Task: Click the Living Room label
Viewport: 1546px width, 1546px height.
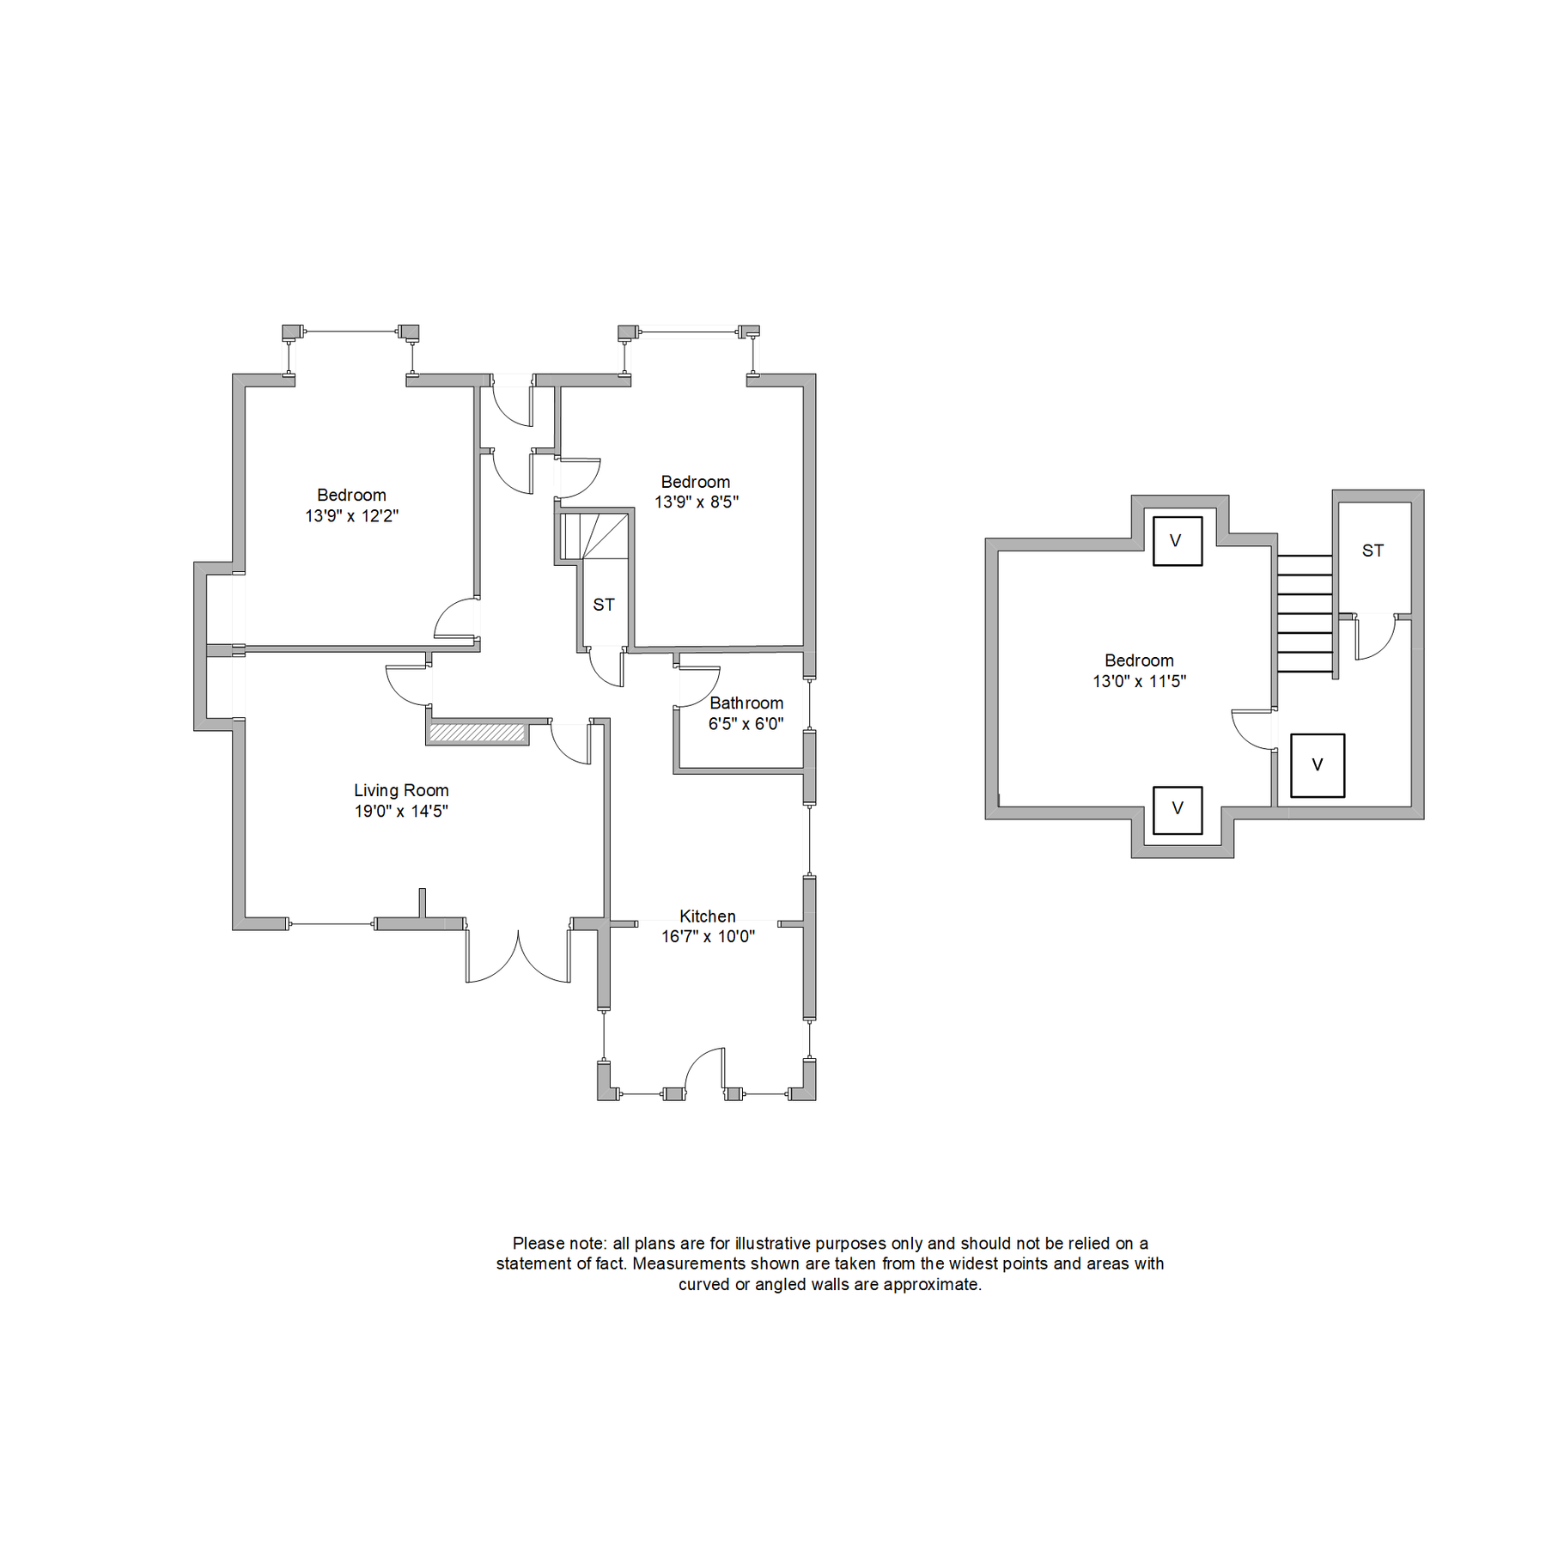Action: coord(401,790)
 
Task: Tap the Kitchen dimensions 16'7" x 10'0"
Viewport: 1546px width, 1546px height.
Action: coord(708,936)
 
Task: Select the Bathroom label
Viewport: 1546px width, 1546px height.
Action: coord(746,703)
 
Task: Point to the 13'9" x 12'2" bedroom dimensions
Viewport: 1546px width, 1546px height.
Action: coord(351,515)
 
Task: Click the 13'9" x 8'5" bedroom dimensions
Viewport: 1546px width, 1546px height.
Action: coord(696,502)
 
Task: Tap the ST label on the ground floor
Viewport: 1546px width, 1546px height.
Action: coord(603,605)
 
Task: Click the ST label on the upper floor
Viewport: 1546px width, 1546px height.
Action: coord(1373,551)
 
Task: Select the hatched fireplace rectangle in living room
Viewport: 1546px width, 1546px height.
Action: coord(477,733)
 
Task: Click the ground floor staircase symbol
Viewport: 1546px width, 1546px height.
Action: coord(594,537)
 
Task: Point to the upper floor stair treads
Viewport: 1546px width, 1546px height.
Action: coord(1304,613)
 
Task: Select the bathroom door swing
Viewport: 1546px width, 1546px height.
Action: coord(696,687)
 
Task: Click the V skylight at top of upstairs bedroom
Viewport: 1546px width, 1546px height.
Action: coord(1177,541)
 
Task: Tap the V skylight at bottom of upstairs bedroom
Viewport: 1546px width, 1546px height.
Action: coord(1177,809)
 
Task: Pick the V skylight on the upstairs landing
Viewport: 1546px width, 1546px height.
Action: coord(1317,765)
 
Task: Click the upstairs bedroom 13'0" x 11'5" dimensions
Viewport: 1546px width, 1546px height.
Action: coord(1139,681)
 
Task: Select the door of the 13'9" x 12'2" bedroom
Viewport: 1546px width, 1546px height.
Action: coord(456,618)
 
